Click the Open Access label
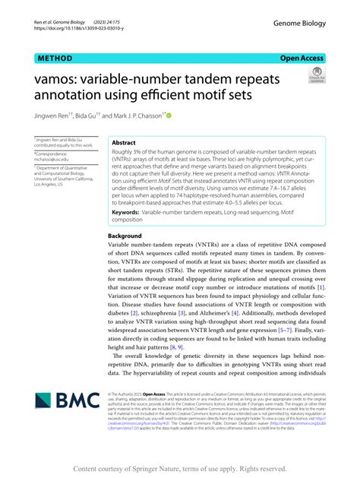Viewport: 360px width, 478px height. click(x=302, y=58)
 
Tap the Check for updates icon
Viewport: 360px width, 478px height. click(x=316, y=75)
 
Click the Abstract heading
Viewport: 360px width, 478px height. click(x=124, y=142)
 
